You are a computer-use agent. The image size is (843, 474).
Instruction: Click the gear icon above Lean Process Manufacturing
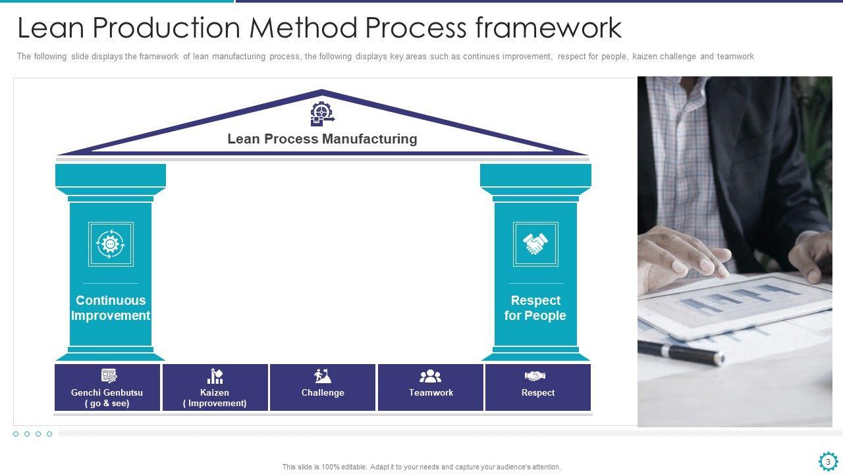(322, 114)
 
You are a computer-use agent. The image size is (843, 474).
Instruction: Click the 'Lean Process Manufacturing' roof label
(322, 139)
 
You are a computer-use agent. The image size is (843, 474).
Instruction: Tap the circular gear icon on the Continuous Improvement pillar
(111, 244)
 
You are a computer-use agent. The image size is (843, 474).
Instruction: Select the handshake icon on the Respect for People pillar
(535, 244)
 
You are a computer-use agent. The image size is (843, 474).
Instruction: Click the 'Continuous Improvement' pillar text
(111, 308)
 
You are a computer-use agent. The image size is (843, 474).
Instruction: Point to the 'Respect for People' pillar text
(535, 308)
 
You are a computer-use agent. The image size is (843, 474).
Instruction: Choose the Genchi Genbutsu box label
(107, 398)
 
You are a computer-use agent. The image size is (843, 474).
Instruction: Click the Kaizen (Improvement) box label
(215, 398)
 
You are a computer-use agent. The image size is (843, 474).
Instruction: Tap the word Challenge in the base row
(323, 393)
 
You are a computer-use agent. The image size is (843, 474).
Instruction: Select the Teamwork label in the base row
(431, 393)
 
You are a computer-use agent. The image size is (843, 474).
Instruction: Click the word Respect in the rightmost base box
(538, 393)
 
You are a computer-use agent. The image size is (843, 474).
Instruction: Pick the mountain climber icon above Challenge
(323, 376)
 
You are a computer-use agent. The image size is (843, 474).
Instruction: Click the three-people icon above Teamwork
(430, 376)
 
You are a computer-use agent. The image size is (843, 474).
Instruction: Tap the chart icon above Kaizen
(215, 376)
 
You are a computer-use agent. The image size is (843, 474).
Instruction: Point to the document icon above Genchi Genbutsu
(109, 376)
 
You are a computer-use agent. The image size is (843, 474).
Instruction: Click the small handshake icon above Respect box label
(535, 376)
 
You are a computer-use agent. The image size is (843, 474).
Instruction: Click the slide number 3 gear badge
(828, 461)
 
